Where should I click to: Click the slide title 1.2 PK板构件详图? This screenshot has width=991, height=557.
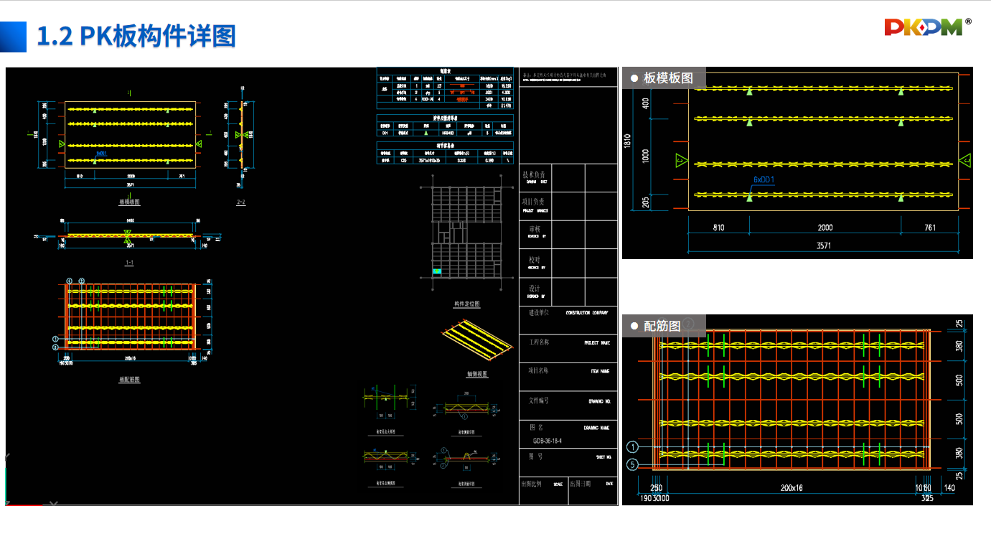coord(136,36)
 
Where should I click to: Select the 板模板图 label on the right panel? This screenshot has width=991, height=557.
coord(668,78)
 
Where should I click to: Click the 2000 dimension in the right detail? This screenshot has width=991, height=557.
coord(825,228)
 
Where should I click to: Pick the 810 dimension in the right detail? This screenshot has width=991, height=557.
coord(718,228)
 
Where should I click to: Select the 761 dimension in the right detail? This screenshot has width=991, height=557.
coord(931,228)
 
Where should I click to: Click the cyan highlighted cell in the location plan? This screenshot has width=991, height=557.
coord(437,272)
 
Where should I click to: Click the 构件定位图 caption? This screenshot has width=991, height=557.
coord(466,304)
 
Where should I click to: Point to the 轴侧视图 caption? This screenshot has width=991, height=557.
coord(476,374)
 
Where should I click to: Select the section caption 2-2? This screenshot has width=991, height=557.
coord(241,202)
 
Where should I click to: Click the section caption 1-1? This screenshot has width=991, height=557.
coord(129,263)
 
